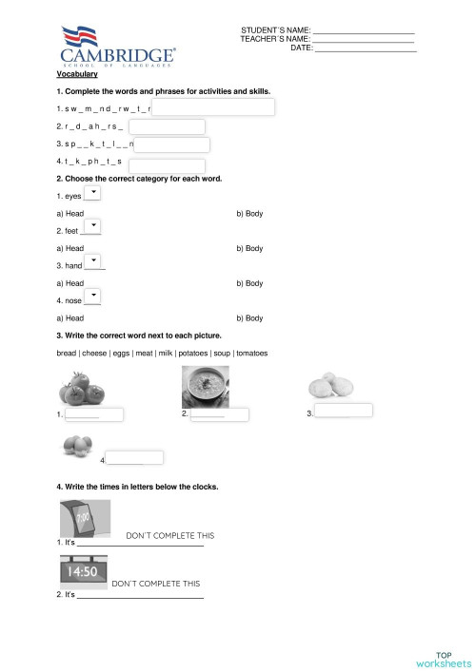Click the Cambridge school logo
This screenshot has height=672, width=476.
coord(117,48)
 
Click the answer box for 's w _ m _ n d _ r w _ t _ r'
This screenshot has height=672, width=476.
coord(213,108)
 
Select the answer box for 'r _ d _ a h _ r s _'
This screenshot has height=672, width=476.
coord(167,126)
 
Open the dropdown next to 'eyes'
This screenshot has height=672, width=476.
coord(93,194)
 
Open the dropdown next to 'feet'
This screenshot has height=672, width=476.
coord(93,226)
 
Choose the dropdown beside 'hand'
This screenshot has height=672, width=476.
coord(93,261)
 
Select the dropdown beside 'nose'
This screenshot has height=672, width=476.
coord(93,297)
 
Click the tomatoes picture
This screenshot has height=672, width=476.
coord(84,388)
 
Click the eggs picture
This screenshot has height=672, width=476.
coord(75,445)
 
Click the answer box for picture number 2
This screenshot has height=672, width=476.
coord(219,414)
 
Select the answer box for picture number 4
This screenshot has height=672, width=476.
coord(134,458)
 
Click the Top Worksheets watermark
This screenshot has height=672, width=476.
coord(444,659)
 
